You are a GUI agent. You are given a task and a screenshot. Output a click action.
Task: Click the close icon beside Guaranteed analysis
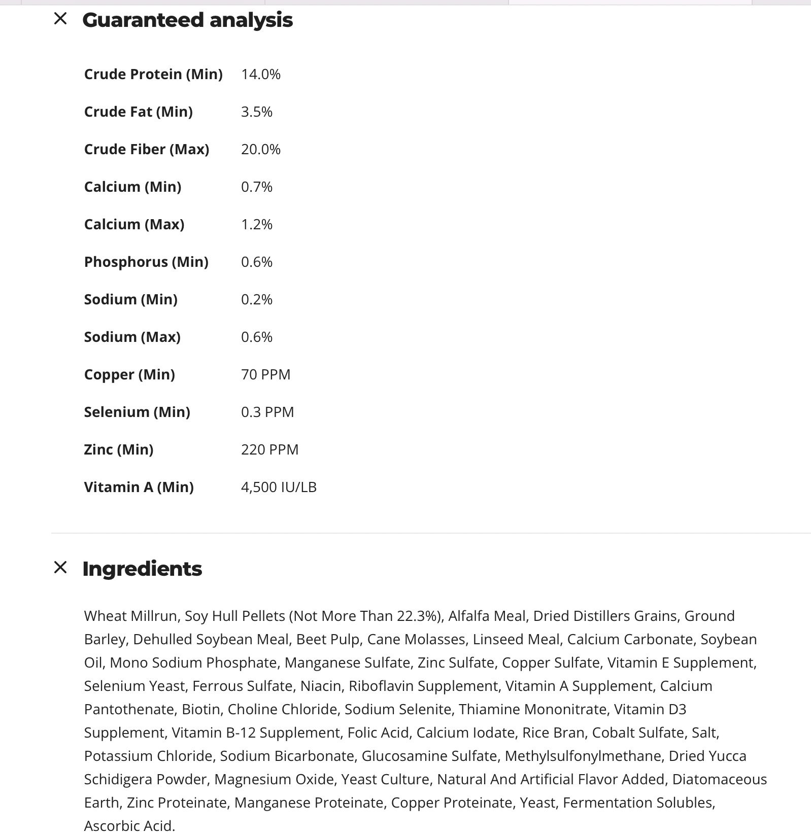(x=60, y=19)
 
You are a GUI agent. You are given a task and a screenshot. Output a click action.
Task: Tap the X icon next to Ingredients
(x=60, y=567)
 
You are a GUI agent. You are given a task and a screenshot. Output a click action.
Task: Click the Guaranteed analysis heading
(x=187, y=20)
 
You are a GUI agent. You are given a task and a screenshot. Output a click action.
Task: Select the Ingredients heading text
(x=142, y=569)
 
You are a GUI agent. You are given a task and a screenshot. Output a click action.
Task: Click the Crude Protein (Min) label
(x=153, y=74)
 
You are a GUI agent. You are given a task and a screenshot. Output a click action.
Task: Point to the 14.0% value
(x=261, y=74)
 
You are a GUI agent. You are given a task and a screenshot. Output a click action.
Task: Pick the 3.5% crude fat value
(x=257, y=112)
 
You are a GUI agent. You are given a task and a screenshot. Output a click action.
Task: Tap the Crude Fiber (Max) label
(x=147, y=149)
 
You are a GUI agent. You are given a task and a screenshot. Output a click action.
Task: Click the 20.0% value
(x=261, y=149)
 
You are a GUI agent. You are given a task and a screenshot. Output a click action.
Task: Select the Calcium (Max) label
(x=134, y=224)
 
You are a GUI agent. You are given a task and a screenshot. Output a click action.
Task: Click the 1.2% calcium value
(x=257, y=224)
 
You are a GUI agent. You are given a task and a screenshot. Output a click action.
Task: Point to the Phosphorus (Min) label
(x=146, y=262)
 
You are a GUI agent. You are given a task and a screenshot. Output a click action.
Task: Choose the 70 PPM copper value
(x=266, y=374)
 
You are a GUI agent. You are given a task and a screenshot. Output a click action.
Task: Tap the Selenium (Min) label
(x=137, y=412)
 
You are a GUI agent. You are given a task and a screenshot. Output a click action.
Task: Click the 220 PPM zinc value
(x=270, y=449)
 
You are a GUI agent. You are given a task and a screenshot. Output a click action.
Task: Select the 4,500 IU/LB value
(x=279, y=487)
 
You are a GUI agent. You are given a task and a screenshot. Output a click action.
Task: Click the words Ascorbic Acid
(x=129, y=826)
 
